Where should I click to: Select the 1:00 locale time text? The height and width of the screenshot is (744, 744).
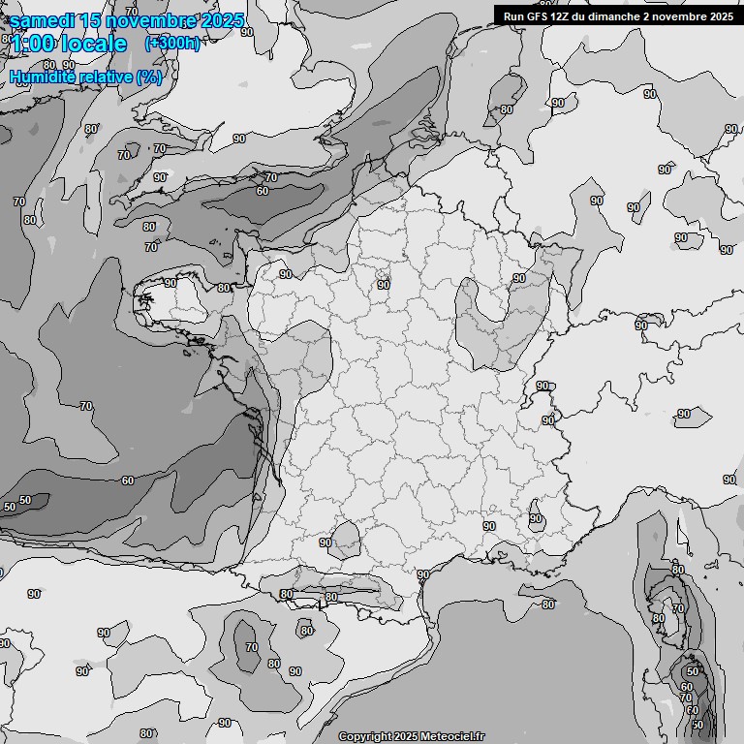coord(69,44)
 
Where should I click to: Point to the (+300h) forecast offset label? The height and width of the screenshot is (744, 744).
coord(171,44)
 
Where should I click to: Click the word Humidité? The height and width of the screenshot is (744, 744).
coord(41,77)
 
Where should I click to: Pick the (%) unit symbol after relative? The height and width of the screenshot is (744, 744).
coord(149,77)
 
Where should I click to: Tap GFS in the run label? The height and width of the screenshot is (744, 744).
coord(542,15)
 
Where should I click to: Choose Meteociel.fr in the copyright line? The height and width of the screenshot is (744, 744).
coord(449,736)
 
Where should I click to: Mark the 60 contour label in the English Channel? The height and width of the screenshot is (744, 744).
coord(263,191)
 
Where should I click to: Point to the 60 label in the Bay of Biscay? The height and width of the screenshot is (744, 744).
coord(128,480)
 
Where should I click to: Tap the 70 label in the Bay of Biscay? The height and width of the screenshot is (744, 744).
coord(86,406)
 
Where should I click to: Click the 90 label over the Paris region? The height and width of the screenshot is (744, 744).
coord(384,285)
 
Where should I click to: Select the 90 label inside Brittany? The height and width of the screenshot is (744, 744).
coord(170,283)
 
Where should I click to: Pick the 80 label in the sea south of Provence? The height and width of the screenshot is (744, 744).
coord(548,604)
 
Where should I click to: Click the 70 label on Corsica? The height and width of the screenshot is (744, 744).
coord(678,609)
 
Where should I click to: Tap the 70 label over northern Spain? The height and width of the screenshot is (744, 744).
coord(252,646)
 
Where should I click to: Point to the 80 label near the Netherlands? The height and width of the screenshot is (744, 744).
coord(506,109)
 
